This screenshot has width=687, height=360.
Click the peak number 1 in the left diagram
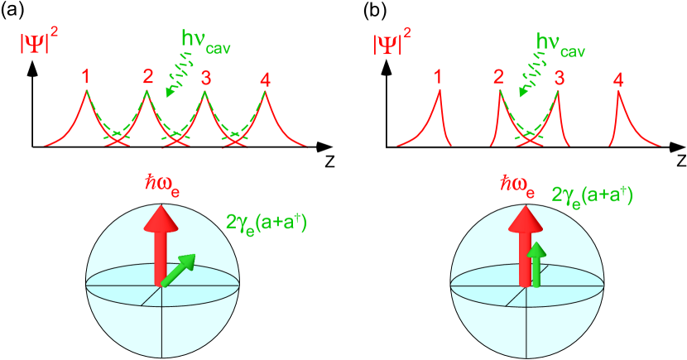click(85, 77)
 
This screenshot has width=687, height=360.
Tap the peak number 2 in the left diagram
click(147, 77)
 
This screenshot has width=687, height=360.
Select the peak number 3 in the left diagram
click(205, 79)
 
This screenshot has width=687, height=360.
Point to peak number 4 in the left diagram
click(265, 79)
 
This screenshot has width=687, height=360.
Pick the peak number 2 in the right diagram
click(498, 78)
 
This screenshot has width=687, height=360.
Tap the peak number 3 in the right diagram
click(560, 79)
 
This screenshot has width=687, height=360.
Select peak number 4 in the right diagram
click(618, 79)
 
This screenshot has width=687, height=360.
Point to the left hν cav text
click(206, 41)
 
